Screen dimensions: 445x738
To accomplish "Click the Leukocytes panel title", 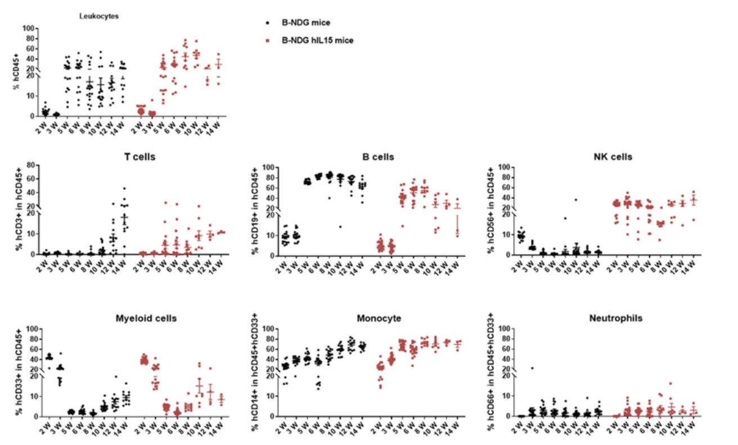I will click(x=98, y=16).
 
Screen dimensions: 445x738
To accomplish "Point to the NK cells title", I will click(x=613, y=157).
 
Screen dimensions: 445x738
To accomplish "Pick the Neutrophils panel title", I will click(x=616, y=318).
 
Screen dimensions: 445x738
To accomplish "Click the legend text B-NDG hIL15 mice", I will click(x=318, y=41).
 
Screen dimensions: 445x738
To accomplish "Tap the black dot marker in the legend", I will click(x=268, y=23).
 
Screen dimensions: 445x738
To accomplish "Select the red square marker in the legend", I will click(x=268, y=41).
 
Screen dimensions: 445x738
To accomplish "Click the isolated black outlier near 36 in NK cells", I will click(x=575, y=200).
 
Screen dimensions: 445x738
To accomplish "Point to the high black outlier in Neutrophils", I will click(x=532, y=368).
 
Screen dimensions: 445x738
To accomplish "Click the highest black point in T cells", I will click(x=124, y=188).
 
